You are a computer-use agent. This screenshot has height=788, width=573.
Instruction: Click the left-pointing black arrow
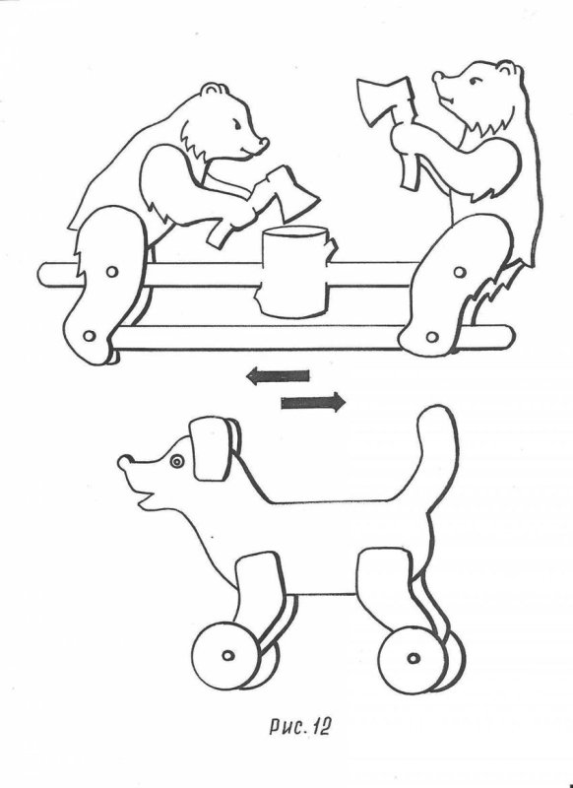[278, 375]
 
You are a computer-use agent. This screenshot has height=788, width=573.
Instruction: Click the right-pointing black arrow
[313, 402]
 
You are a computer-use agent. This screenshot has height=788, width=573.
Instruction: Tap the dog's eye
[177, 461]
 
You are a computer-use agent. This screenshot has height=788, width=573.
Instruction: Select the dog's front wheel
[227, 655]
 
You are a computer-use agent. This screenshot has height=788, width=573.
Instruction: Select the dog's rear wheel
[414, 657]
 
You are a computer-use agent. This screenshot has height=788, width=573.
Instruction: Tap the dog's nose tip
[124, 461]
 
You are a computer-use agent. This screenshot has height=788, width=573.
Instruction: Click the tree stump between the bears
[296, 272]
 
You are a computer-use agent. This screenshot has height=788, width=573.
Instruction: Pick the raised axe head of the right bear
[384, 100]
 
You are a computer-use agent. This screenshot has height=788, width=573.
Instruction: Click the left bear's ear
[215, 90]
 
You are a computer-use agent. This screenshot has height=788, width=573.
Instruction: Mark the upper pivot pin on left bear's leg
[112, 272]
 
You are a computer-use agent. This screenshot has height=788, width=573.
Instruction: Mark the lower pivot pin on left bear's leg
[90, 335]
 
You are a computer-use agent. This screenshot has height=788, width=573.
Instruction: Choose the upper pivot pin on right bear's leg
[459, 272]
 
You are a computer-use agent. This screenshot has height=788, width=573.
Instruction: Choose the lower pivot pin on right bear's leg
[432, 336]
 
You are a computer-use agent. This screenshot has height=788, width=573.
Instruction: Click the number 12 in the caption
[323, 726]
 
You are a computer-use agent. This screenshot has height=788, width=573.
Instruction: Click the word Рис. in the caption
[287, 727]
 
